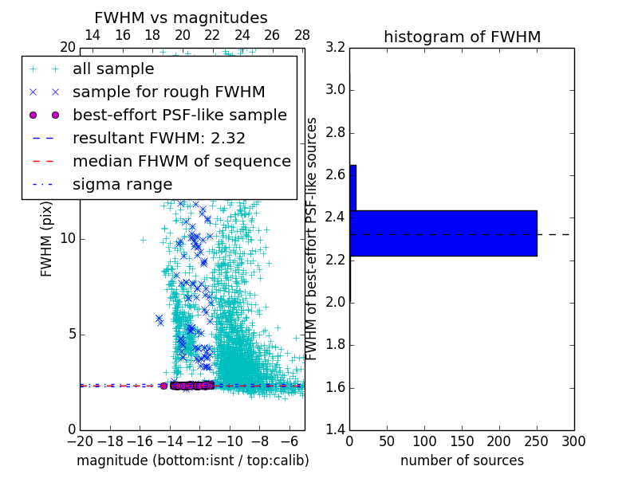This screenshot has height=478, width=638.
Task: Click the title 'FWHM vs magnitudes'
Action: click(x=181, y=18)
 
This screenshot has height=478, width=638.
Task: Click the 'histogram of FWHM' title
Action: click(x=462, y=37)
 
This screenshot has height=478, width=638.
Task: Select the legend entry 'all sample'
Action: click(x=113, y=69)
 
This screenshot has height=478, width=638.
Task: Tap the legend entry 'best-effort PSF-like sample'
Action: click(x=179, y=115)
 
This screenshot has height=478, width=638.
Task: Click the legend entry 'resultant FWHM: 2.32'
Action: click(x=159, y=138)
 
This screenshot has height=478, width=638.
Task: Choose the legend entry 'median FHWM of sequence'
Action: click(x=181, y=161)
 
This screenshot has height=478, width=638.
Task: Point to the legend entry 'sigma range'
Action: click(x=122, y=184)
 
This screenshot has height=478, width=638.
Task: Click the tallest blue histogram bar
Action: click(x=443, y=233)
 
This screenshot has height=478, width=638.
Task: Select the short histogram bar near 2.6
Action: click(x=352, y=188)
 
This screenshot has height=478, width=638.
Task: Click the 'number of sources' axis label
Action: click(x=462, y=460)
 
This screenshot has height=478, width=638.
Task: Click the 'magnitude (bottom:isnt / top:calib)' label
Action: click(x=192, y=460)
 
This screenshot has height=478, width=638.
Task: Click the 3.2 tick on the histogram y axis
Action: click(x=336, y=47)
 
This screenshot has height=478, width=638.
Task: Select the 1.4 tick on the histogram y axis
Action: click(x=336, y=430)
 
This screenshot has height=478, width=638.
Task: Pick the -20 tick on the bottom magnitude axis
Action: click(x=80, y=441)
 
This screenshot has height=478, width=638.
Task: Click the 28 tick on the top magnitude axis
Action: click(x=302, y=36)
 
